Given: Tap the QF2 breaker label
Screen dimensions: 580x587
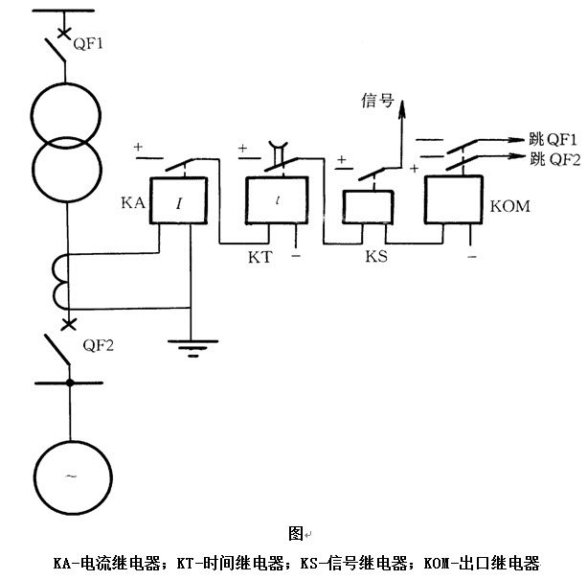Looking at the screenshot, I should (x=99, y=346).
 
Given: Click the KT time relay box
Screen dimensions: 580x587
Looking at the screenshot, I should (x=277, y=203).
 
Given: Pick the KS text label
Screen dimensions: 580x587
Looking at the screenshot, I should (x=375, y=257).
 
